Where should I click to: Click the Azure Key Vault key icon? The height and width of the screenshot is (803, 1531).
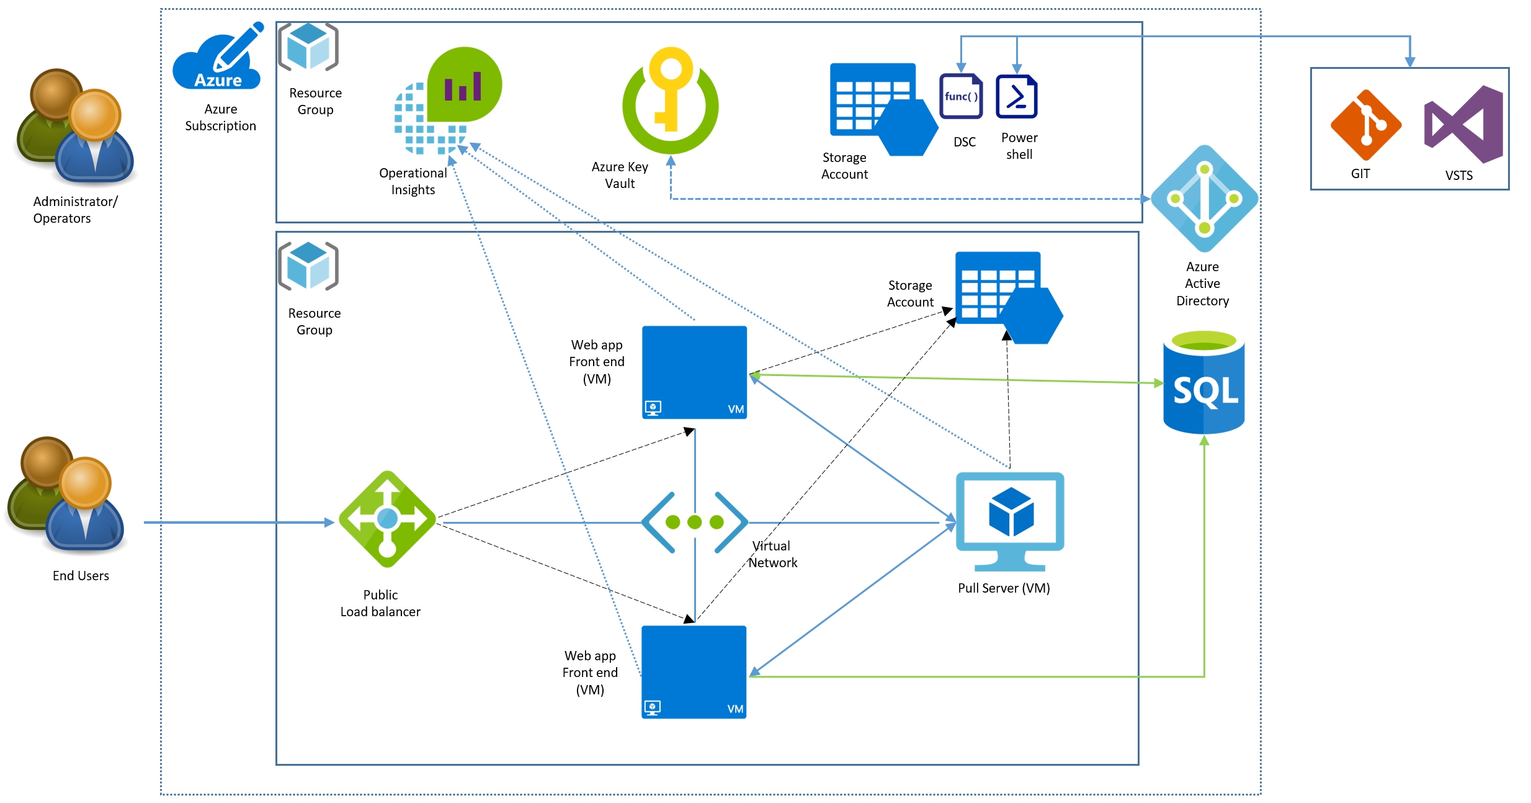[670, 101]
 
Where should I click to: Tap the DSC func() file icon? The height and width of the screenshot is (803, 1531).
[961, 96]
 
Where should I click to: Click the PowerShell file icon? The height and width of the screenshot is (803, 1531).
[1017, 96]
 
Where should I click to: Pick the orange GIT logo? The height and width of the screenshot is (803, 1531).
[1365, 125]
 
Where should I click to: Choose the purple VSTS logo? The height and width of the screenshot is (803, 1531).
[1463, 124]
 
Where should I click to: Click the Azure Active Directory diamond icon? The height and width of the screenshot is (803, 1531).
[1204, 199]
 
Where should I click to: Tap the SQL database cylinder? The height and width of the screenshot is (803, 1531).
[1203, 382]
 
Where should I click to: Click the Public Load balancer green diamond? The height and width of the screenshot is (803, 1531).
[387, 519]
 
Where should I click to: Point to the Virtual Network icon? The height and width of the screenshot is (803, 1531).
[695, 523]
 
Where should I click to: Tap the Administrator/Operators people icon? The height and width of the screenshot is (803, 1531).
[74, 127]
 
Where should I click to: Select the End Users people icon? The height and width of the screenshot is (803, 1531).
[66, 495]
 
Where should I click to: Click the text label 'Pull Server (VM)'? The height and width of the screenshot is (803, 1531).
[1004, 588]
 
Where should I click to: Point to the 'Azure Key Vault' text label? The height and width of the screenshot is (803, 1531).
[620, 175]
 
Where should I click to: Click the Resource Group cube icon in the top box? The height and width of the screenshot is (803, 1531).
[308, 47]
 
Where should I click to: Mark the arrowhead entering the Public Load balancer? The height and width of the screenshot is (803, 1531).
[330, 523]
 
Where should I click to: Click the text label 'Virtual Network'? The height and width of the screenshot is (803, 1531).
[772, 554]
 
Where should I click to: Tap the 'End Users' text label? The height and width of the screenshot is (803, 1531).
[81, 576]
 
